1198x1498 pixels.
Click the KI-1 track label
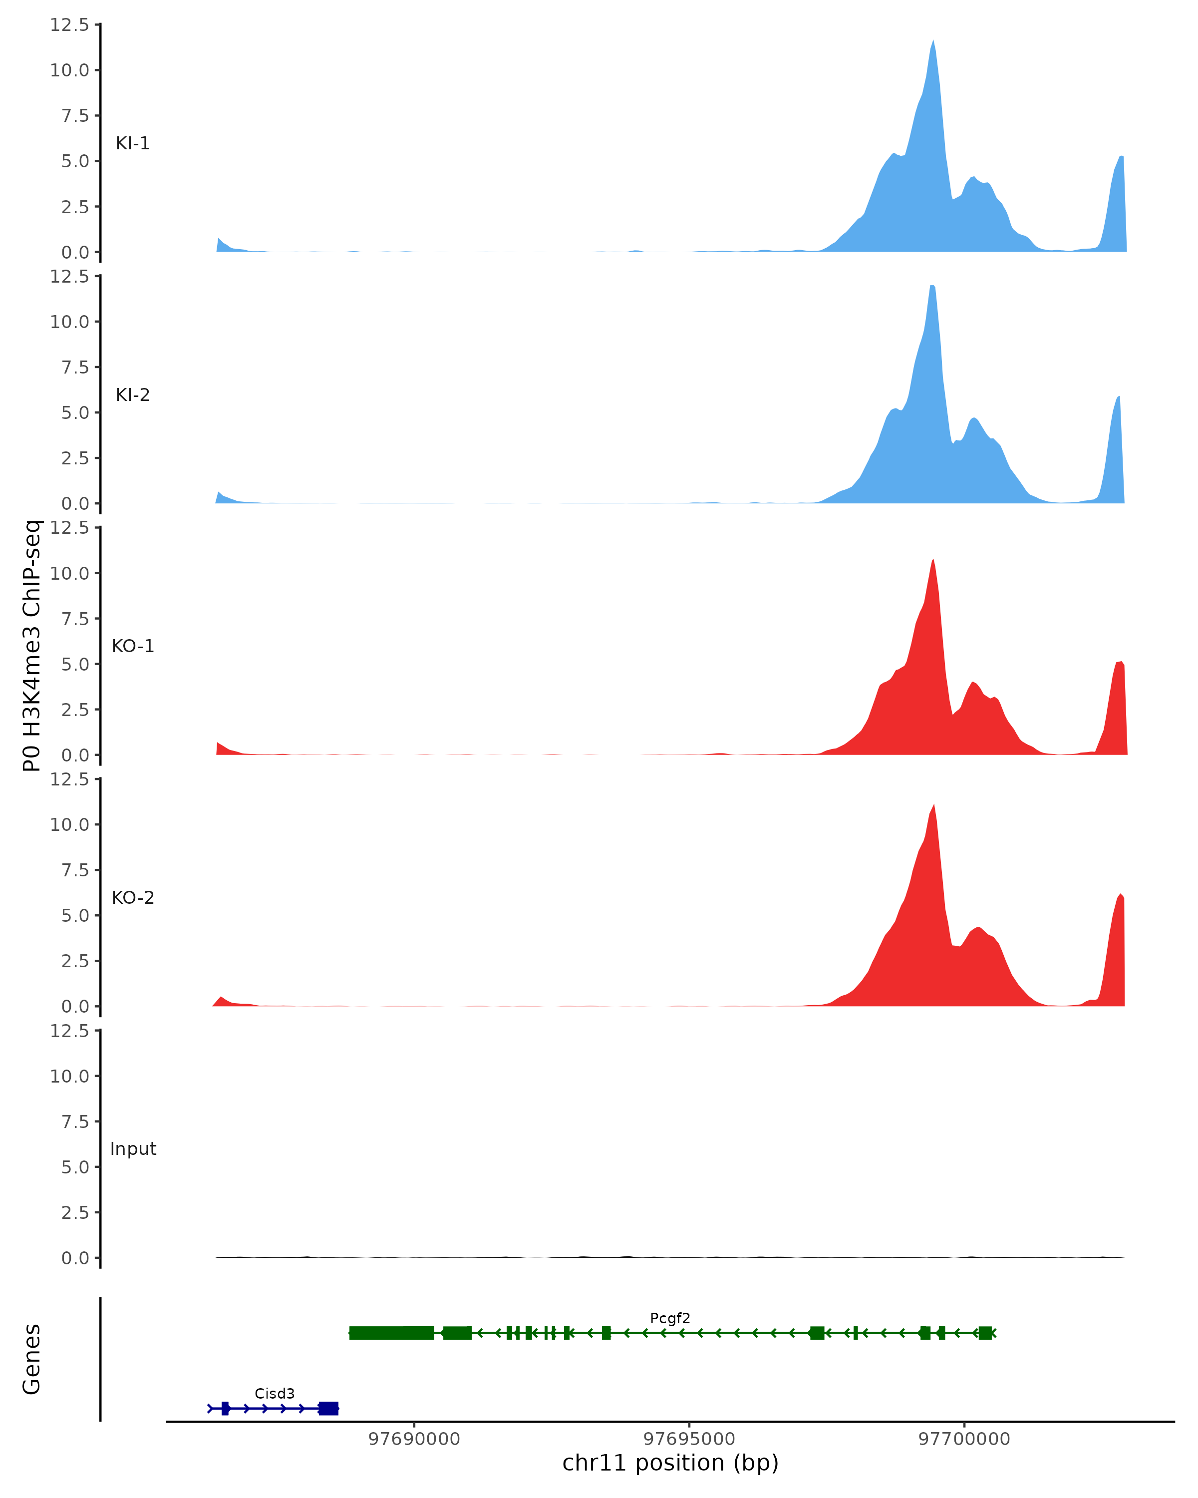(133, 143)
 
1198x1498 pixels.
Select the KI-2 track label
(133, 394)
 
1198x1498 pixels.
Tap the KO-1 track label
(133, 646)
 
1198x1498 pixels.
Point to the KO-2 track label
(133, 898)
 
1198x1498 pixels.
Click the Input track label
(133, 1149)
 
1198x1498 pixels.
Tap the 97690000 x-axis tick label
(414, 1439)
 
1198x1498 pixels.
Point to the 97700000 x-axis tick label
(964, 1439)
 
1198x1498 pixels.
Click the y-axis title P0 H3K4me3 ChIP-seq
(32, 646)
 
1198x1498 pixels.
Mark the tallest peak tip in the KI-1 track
(933, 41)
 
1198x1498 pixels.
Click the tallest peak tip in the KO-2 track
(933, 805)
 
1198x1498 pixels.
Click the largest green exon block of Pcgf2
(392, 1333)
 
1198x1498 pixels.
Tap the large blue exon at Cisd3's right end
(328, 1409)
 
